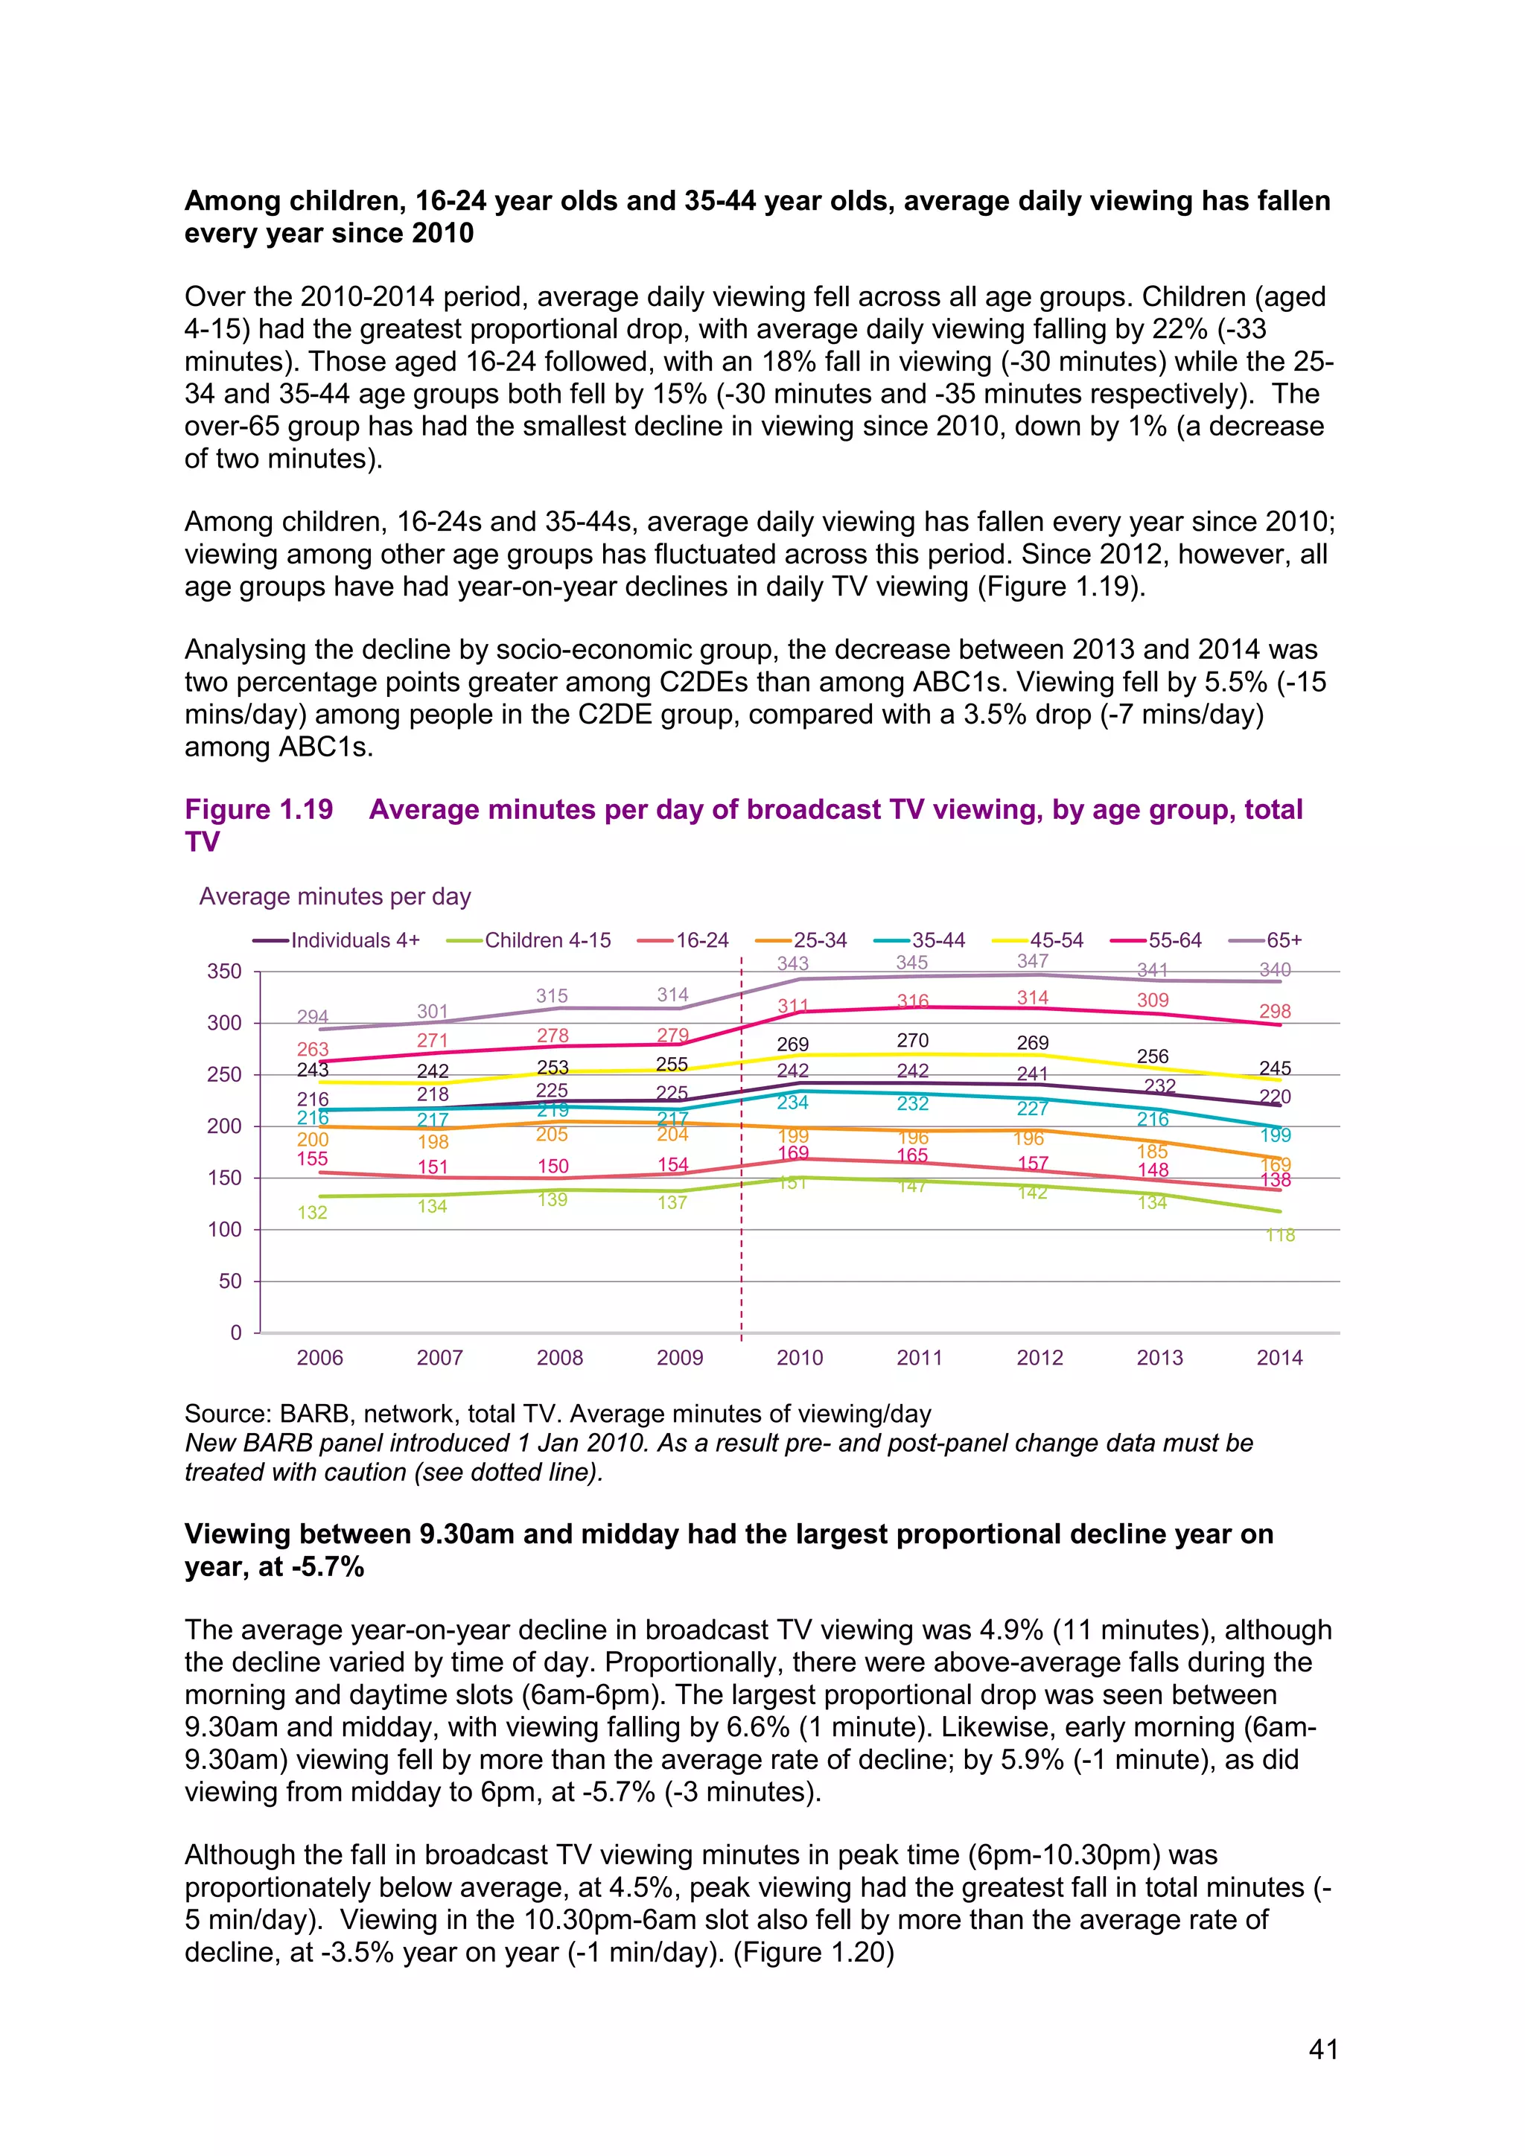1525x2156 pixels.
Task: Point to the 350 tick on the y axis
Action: point(224,971)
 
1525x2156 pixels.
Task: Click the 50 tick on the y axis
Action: point(230,1280)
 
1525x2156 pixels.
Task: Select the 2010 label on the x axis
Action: point(799,1357)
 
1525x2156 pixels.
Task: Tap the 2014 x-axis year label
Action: point(1279,1357)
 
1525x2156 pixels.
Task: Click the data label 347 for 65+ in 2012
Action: point(1032,960)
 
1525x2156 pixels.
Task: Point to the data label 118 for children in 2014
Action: point(1280,1235)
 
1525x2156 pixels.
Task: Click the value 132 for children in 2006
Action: point(312,1212)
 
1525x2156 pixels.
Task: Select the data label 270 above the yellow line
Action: point(912,1041)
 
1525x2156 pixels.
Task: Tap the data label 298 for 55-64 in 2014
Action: point(1274,1011)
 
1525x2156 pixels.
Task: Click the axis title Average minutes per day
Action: point(334,897)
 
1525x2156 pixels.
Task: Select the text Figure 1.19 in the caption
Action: point(258,809)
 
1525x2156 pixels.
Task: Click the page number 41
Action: point(1323,2049)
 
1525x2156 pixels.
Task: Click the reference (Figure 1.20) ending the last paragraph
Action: point(813,1951)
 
